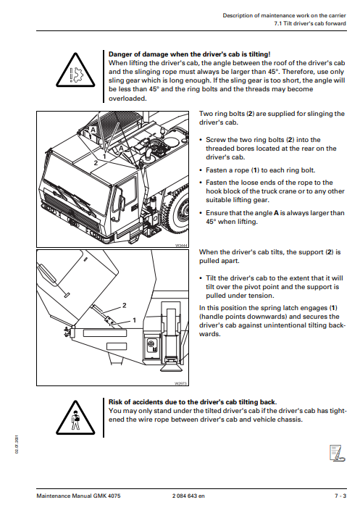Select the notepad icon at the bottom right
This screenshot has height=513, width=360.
point(337,453)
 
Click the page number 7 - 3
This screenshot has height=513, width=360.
point(340,496)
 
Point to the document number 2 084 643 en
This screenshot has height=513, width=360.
point(188,496)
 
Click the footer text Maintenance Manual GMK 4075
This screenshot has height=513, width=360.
point(78,496)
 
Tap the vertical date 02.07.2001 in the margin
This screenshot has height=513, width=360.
point(17,444)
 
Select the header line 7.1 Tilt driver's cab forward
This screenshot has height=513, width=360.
point(310,24)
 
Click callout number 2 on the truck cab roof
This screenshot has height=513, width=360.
point(96,162)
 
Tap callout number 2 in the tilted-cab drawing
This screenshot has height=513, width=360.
point(125,305)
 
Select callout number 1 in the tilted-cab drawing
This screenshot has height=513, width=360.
point(134,320)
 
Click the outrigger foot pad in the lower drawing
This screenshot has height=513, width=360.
point(172,367)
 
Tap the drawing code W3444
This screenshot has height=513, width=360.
point(181,245)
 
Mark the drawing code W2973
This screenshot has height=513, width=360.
point(181,383)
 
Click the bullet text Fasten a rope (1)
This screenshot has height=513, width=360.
point(261,170)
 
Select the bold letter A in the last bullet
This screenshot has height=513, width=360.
point(276,213)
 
